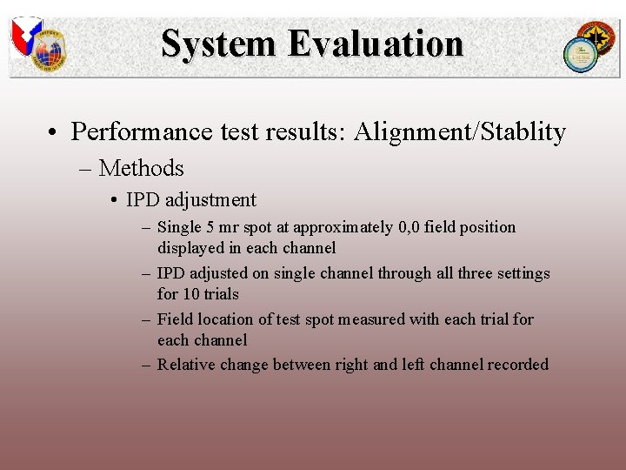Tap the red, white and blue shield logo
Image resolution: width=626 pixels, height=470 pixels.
[x=25, y=35]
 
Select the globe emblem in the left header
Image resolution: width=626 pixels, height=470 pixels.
[x=50, y=52]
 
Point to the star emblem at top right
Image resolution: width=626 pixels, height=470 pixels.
[x=597, y=38]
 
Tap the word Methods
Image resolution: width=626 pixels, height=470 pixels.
[x=141, y=167]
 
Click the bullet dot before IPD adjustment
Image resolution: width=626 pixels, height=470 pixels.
[x=115, y=201]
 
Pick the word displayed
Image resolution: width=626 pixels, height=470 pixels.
[x=191, y=248]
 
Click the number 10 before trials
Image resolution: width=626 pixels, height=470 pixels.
[x=190, y=294]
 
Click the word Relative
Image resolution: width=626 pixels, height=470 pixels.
[x=186, y=365]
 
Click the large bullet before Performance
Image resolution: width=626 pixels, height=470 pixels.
[x=54, y=132]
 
